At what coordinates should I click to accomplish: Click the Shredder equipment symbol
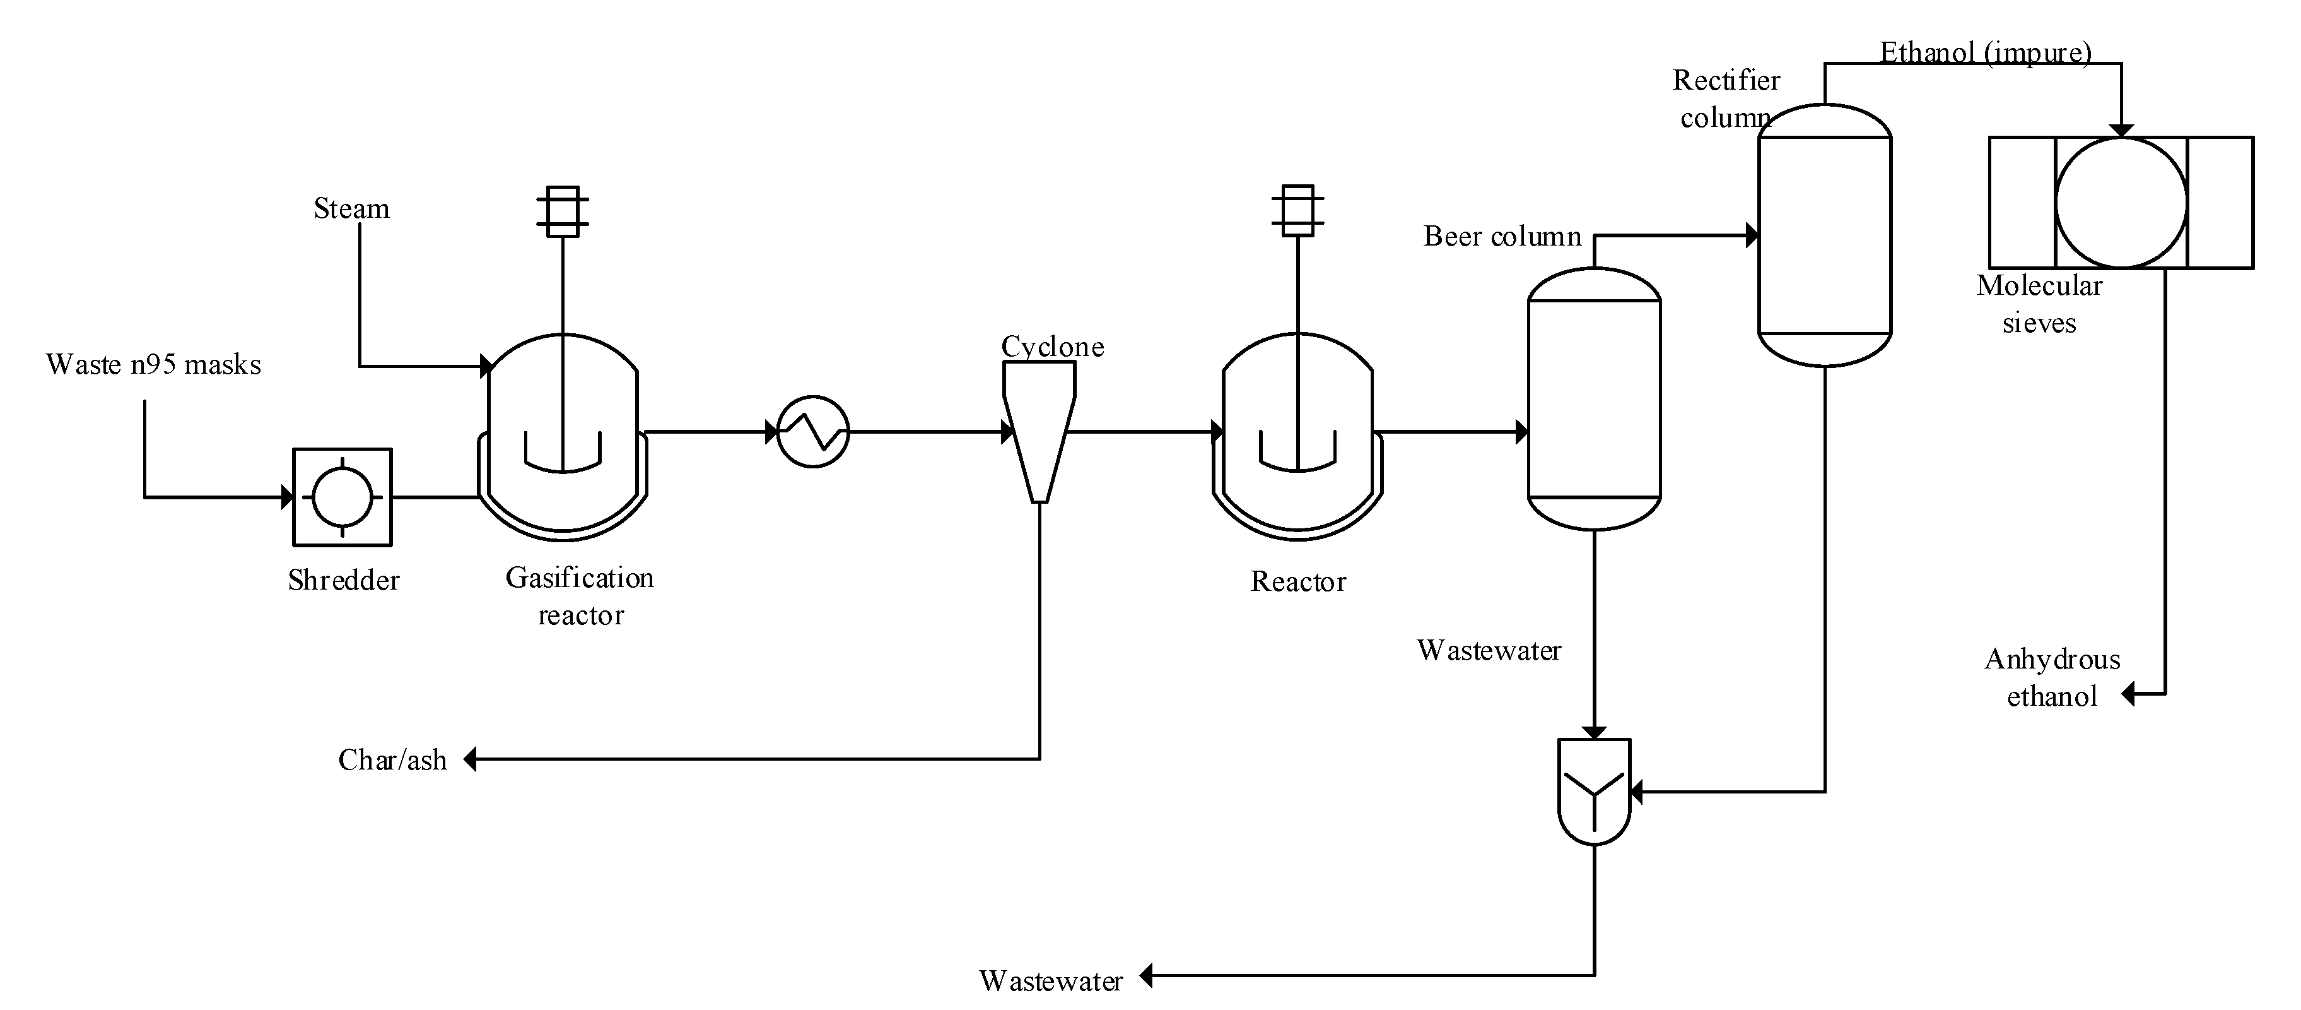point(342,497)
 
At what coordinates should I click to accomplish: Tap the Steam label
point(351,209)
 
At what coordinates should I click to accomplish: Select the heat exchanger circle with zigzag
point(813,432)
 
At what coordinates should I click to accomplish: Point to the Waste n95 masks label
point(153,365)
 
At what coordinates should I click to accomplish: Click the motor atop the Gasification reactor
point(562,212)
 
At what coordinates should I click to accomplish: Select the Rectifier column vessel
point(1824,235)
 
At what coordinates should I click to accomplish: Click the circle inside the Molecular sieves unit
point(2121,203)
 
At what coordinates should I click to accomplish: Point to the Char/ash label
point(392,760)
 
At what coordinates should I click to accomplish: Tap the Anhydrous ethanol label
point(2052,677)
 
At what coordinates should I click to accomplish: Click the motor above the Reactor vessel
point(1297,211)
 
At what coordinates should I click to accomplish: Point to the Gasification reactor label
point(580,596)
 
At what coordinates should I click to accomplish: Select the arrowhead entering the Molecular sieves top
point(2121,131)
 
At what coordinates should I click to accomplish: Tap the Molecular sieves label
point(2039,304)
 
